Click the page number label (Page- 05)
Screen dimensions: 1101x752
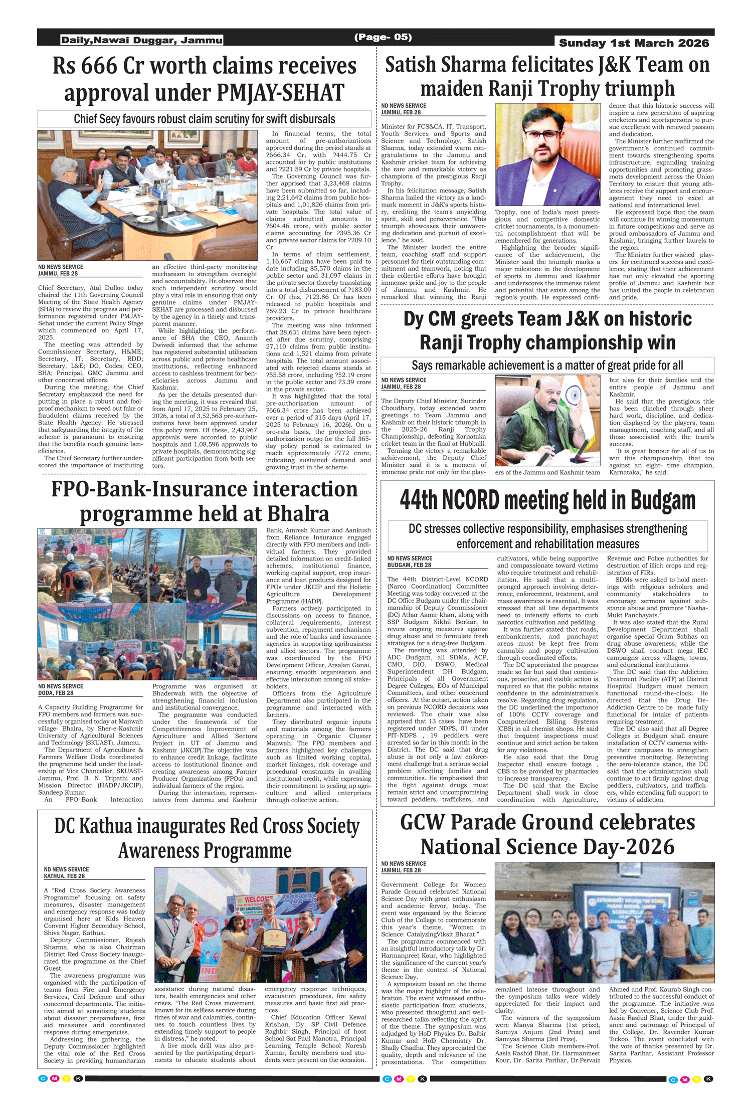(x=383, y=37)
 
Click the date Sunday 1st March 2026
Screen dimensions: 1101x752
(x=634, y=43)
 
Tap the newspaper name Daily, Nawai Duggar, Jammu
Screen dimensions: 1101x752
(x=142, y=40)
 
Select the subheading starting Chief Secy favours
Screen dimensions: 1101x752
(x=205, y=119)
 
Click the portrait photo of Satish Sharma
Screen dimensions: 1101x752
(x=547, y=154)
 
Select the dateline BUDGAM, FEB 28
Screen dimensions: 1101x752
(x=409, y=565)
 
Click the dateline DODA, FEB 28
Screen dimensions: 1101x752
(x=56, y=693)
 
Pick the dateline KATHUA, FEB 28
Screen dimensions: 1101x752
(x=64, y=876)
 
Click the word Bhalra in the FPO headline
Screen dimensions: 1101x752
(x=298, y=513)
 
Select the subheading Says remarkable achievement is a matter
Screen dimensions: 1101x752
(x=547, y=365)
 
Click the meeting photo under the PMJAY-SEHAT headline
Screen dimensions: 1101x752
(x=147, y=195)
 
